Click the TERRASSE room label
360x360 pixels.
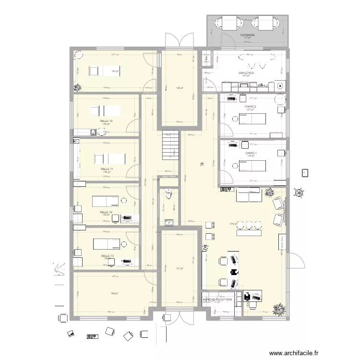pos(248,36)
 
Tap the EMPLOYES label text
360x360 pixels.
pos(246,73)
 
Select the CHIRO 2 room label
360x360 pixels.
pos(250,107)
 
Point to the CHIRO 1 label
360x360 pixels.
pos(251,153)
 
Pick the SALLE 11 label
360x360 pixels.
pos(107,169)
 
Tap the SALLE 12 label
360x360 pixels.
pos(106,212)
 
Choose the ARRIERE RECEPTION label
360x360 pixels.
pos(217,299)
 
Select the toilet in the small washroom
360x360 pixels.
pos(168,194)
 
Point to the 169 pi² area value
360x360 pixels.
pos(114,293)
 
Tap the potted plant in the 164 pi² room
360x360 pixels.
pos(76,87)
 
